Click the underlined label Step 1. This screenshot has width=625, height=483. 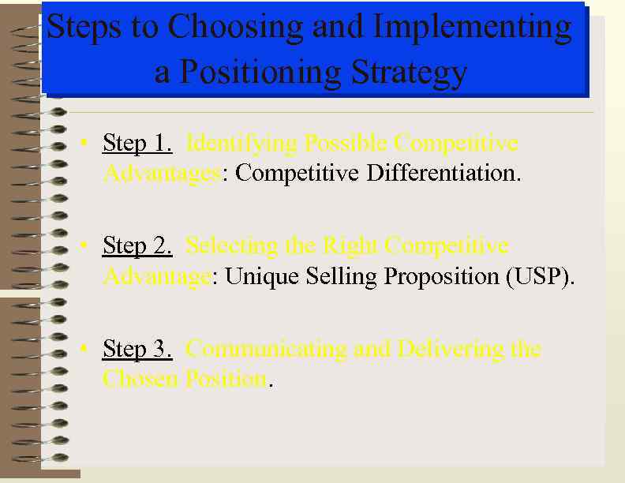tap(137, 144)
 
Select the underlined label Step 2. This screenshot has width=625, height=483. tap(137, 246)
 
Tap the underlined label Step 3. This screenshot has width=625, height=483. tap(137, 349)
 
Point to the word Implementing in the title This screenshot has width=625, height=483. tap(472, 28)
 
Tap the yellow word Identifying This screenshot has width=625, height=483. tap(241, 144)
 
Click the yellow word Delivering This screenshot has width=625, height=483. tap(445, 349)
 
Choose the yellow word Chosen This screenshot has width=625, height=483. tap(140, 379)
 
